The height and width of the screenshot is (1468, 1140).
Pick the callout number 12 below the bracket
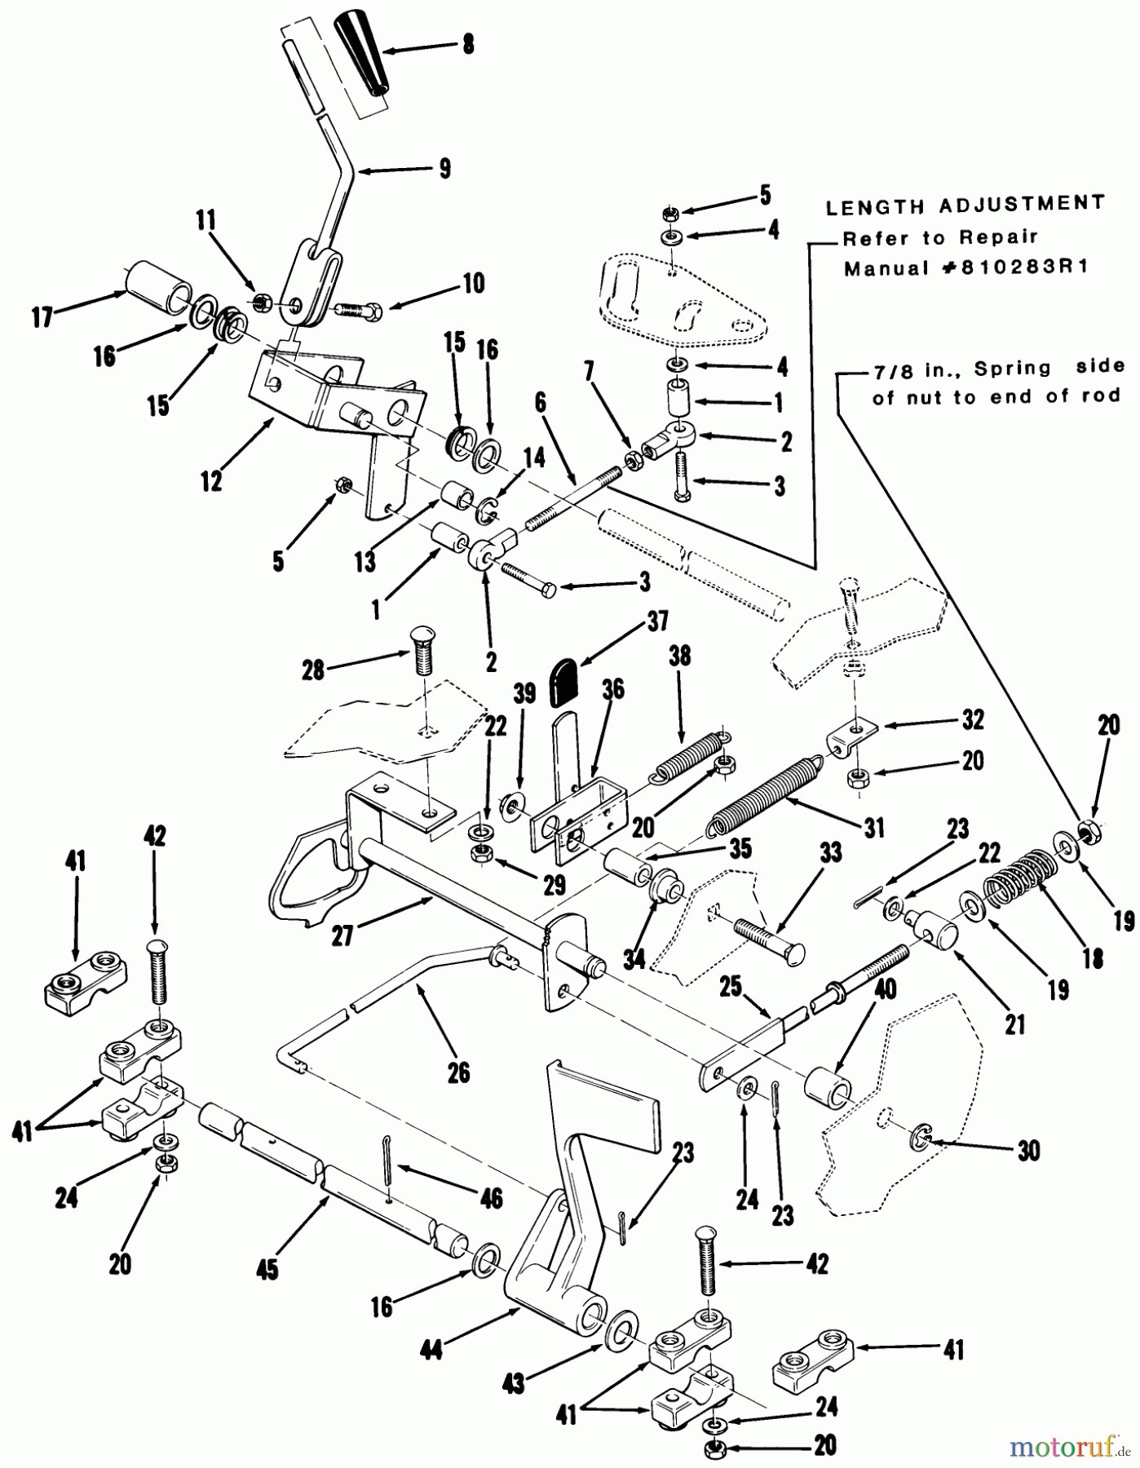(x=211, y=482)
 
